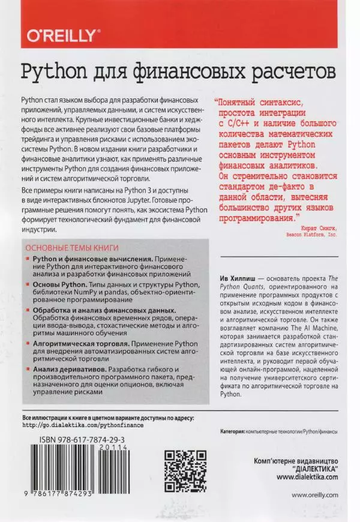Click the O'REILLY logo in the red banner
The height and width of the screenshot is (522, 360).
point(61,35)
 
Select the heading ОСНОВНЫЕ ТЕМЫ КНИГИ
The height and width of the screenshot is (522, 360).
point(70,248)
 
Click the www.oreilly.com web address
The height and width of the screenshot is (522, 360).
point(314,495)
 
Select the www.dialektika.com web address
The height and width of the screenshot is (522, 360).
point(307,476)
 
